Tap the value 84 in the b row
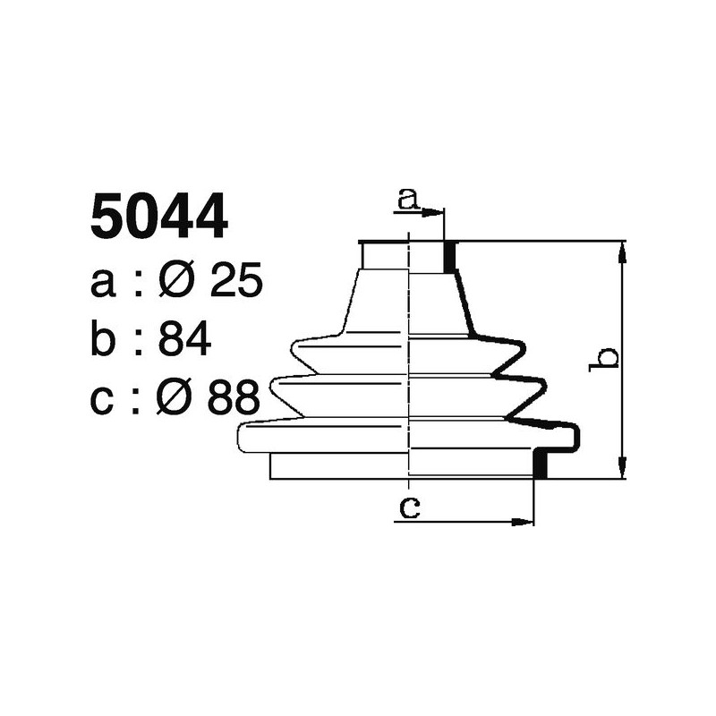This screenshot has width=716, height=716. coord(183,340)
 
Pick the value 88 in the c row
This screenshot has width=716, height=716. coord(234,398)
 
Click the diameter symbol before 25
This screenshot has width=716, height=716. coord(175,283)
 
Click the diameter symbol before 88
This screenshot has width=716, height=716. coord(174,398)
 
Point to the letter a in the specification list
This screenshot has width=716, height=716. coord(104,285)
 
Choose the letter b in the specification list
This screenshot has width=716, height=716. coord(104,340)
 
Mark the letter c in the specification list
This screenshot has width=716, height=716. coord(104,400)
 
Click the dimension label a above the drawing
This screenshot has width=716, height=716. coord(408,199)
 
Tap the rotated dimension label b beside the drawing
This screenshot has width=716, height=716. coord(607,358)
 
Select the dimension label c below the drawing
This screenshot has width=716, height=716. coord(409,508)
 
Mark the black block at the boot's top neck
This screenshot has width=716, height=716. coord(449,257)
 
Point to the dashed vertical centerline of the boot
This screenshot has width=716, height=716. coord(409,358)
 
